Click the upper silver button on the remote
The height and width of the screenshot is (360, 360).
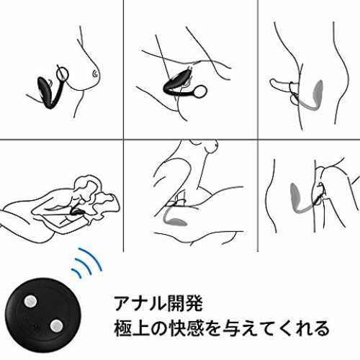30,302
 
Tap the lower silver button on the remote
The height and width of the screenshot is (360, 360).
56,325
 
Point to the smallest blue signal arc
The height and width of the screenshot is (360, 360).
76,273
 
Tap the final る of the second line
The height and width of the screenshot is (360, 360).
321,328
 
